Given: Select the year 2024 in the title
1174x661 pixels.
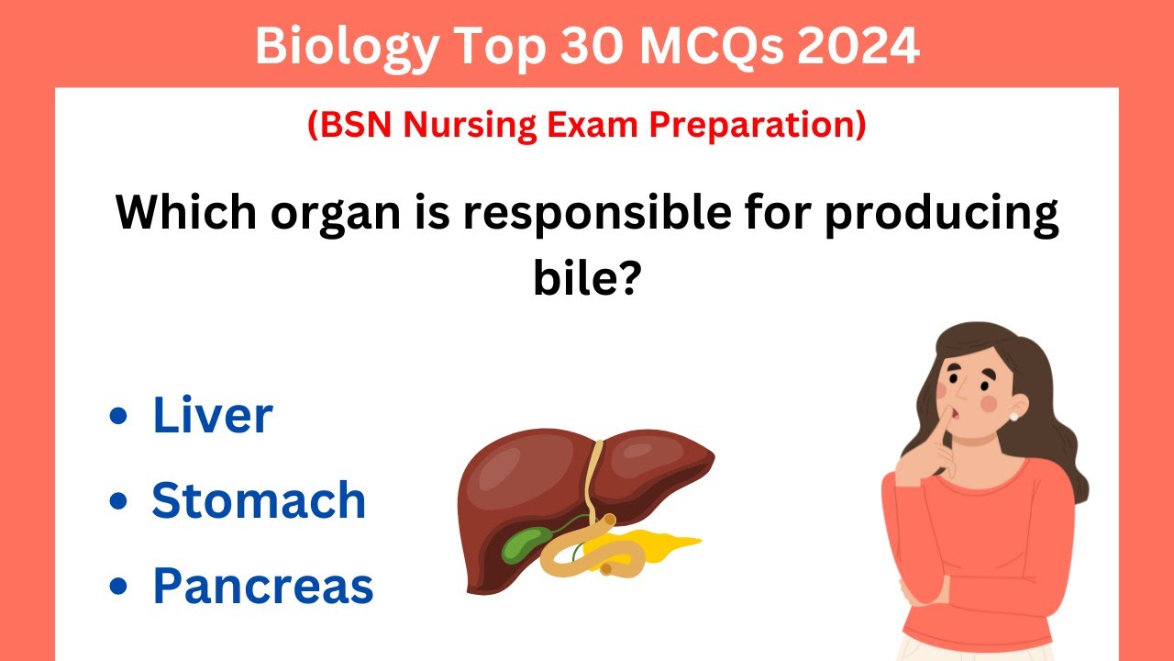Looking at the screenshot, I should pyautogui.click(x=858, y=46).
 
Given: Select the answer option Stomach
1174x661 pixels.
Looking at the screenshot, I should pyautogui.click(x=259, y=500).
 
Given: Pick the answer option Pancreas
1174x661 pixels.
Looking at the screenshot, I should pyautogui.click(x=263, y=585).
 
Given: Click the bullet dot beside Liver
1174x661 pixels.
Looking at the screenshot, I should pyautogui.click(x=117, y=416).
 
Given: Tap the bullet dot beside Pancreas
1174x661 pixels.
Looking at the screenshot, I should pyautogui.click(x=117, y=587).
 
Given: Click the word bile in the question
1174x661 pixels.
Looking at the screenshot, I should pyautogui.click(x=585, y=276).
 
